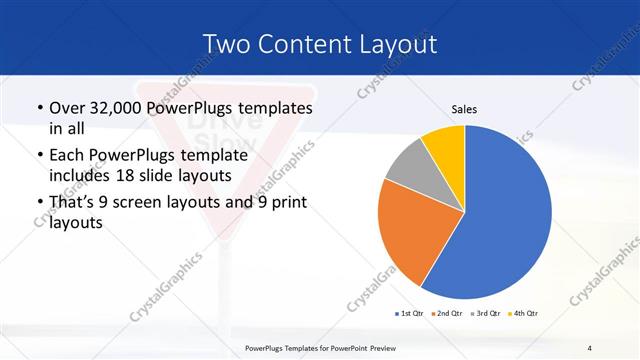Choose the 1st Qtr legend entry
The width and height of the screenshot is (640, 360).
410,314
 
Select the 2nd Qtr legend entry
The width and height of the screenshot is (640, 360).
446,314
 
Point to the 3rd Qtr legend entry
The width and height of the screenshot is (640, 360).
484,314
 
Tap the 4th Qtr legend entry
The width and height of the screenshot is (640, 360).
523,314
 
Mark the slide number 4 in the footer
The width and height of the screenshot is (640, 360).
589,347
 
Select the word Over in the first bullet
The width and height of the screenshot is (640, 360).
67,107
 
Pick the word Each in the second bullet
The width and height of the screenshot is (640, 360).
68,155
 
